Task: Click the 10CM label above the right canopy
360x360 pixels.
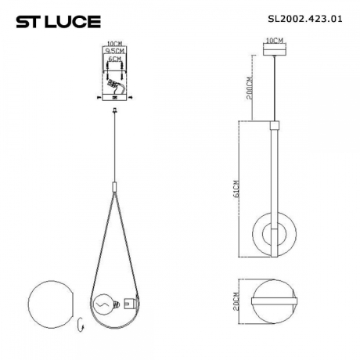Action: tap(274, 39)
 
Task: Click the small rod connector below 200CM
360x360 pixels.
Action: tap(274, 124)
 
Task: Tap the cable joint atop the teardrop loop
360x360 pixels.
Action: tap(115, 187)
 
